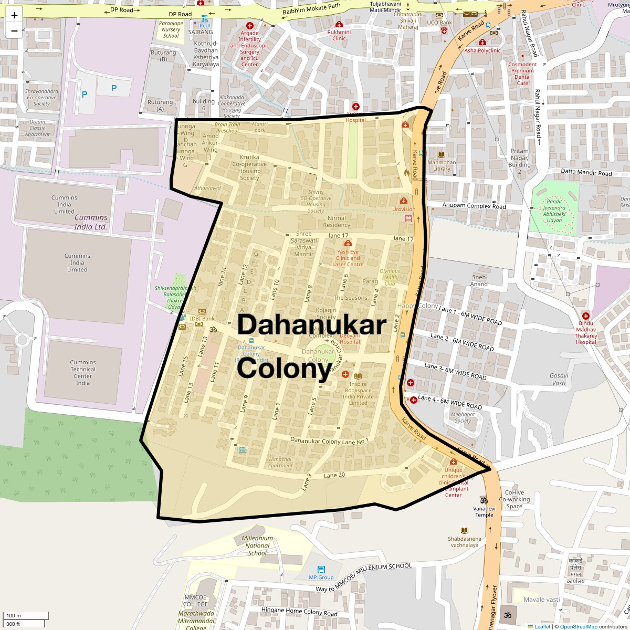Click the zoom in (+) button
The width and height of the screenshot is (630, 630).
[14, 15]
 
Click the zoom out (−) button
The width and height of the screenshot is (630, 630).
[14, 30]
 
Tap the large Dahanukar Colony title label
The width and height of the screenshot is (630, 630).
[312, 346]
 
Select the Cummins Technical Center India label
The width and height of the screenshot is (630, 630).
[83, 373]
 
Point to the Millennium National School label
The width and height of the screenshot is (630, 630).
[257, 545]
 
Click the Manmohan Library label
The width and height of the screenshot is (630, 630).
[442, 165]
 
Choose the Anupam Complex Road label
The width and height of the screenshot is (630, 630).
[474, 206]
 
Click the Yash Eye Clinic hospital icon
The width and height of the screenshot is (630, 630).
[348, 243]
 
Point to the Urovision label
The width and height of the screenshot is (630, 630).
[404, 209]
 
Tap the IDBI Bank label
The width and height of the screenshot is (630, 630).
[202, 319]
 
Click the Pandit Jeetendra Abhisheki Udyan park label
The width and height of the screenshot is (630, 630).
[554, 211]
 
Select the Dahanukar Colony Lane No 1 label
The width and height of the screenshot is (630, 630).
[330, 440]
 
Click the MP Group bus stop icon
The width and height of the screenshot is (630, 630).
[321, 570]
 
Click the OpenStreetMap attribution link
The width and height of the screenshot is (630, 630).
[578, 626]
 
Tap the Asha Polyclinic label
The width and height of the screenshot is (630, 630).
[482, 50]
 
